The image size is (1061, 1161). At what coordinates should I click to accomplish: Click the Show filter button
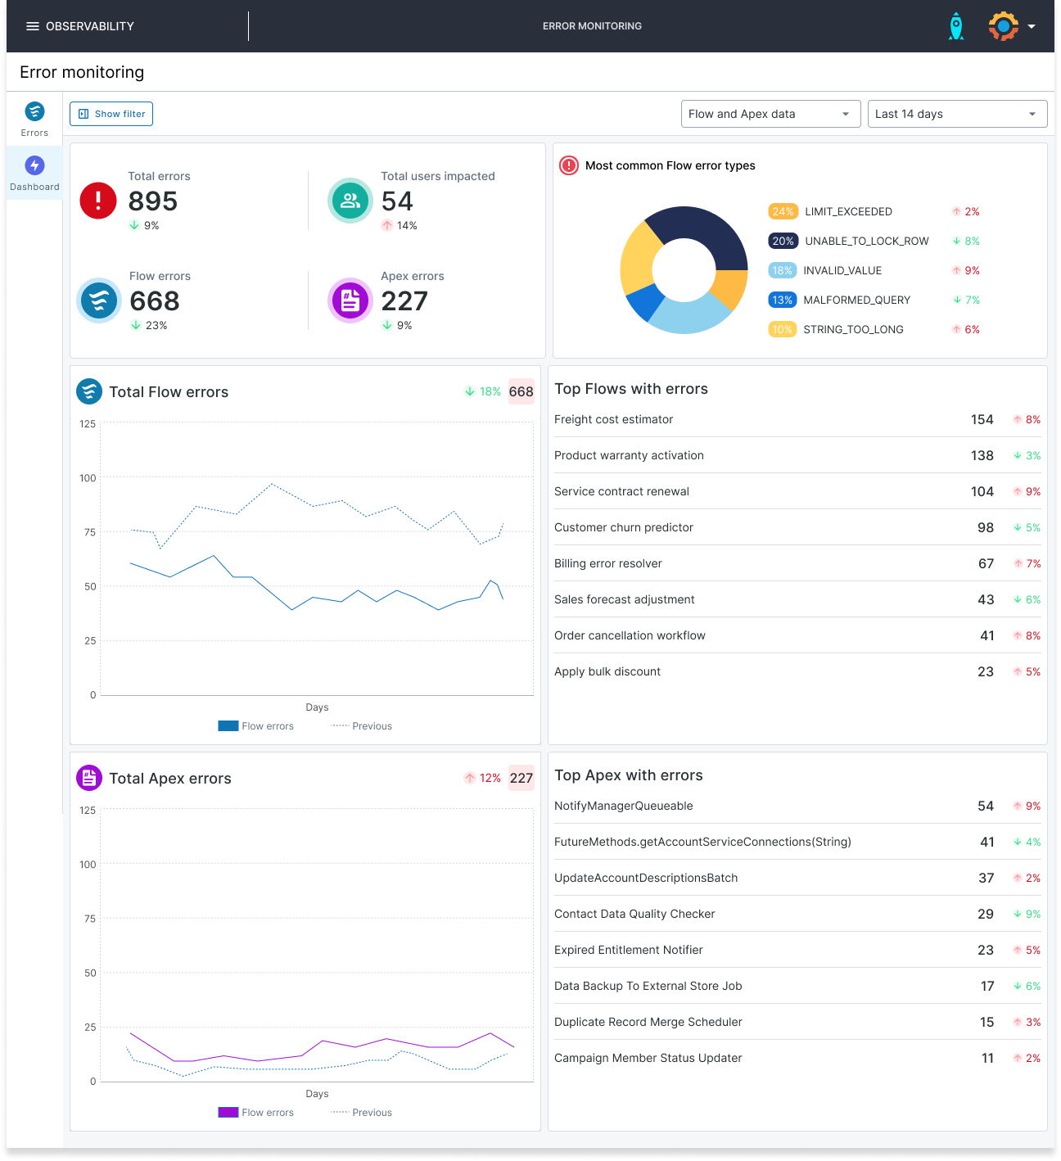pyautogui.click(x=111, y=114)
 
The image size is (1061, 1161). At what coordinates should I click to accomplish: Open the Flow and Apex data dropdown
pyautogui.click(x=770, y=114)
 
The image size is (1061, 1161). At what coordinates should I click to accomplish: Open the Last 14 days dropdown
pyautogui.click(x=956, y=114)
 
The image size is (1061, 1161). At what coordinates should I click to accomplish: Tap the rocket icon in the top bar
pyautogui.click(x=955, y=26)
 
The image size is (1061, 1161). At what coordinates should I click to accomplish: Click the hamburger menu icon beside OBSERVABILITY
pyautogui.click(x=33, y=26)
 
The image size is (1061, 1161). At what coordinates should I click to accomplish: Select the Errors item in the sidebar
pyautogui.click(x=34, y=119)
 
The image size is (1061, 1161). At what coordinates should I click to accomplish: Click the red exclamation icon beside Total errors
pyautogui.click(x=98, y=201)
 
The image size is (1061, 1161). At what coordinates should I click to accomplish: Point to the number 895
pyautogui.click(x=153, y=201)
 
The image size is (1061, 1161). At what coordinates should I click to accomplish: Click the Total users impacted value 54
pyautogui.click(x=397, y=201)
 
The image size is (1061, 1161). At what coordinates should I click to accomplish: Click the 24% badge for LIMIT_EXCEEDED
pyautogui.click(x=783, y=211)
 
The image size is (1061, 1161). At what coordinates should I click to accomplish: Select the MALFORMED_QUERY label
pyautogui.click(x=856, y=300)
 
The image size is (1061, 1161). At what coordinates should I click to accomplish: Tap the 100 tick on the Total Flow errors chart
pyautogui.click(x=88, y=478)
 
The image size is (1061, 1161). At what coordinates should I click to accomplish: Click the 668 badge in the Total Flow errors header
pyautogui.click(x=521, y=391)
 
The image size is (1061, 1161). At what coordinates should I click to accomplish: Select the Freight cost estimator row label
pyautogui.click(x=613, y=419)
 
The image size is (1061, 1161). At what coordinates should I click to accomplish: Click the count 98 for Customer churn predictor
pyautogui.click(x=986, y=527)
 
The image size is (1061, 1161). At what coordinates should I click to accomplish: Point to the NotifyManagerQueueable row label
pyautogui.click(x=623, y=806)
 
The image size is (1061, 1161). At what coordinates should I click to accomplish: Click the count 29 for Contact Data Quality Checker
pyautogui.click(x=986, y=914)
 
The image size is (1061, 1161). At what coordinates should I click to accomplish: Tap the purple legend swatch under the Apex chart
pyautogui.click(x=228, y=1112)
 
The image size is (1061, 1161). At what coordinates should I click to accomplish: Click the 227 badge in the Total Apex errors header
pyautogui.click(x=521, y=778)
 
